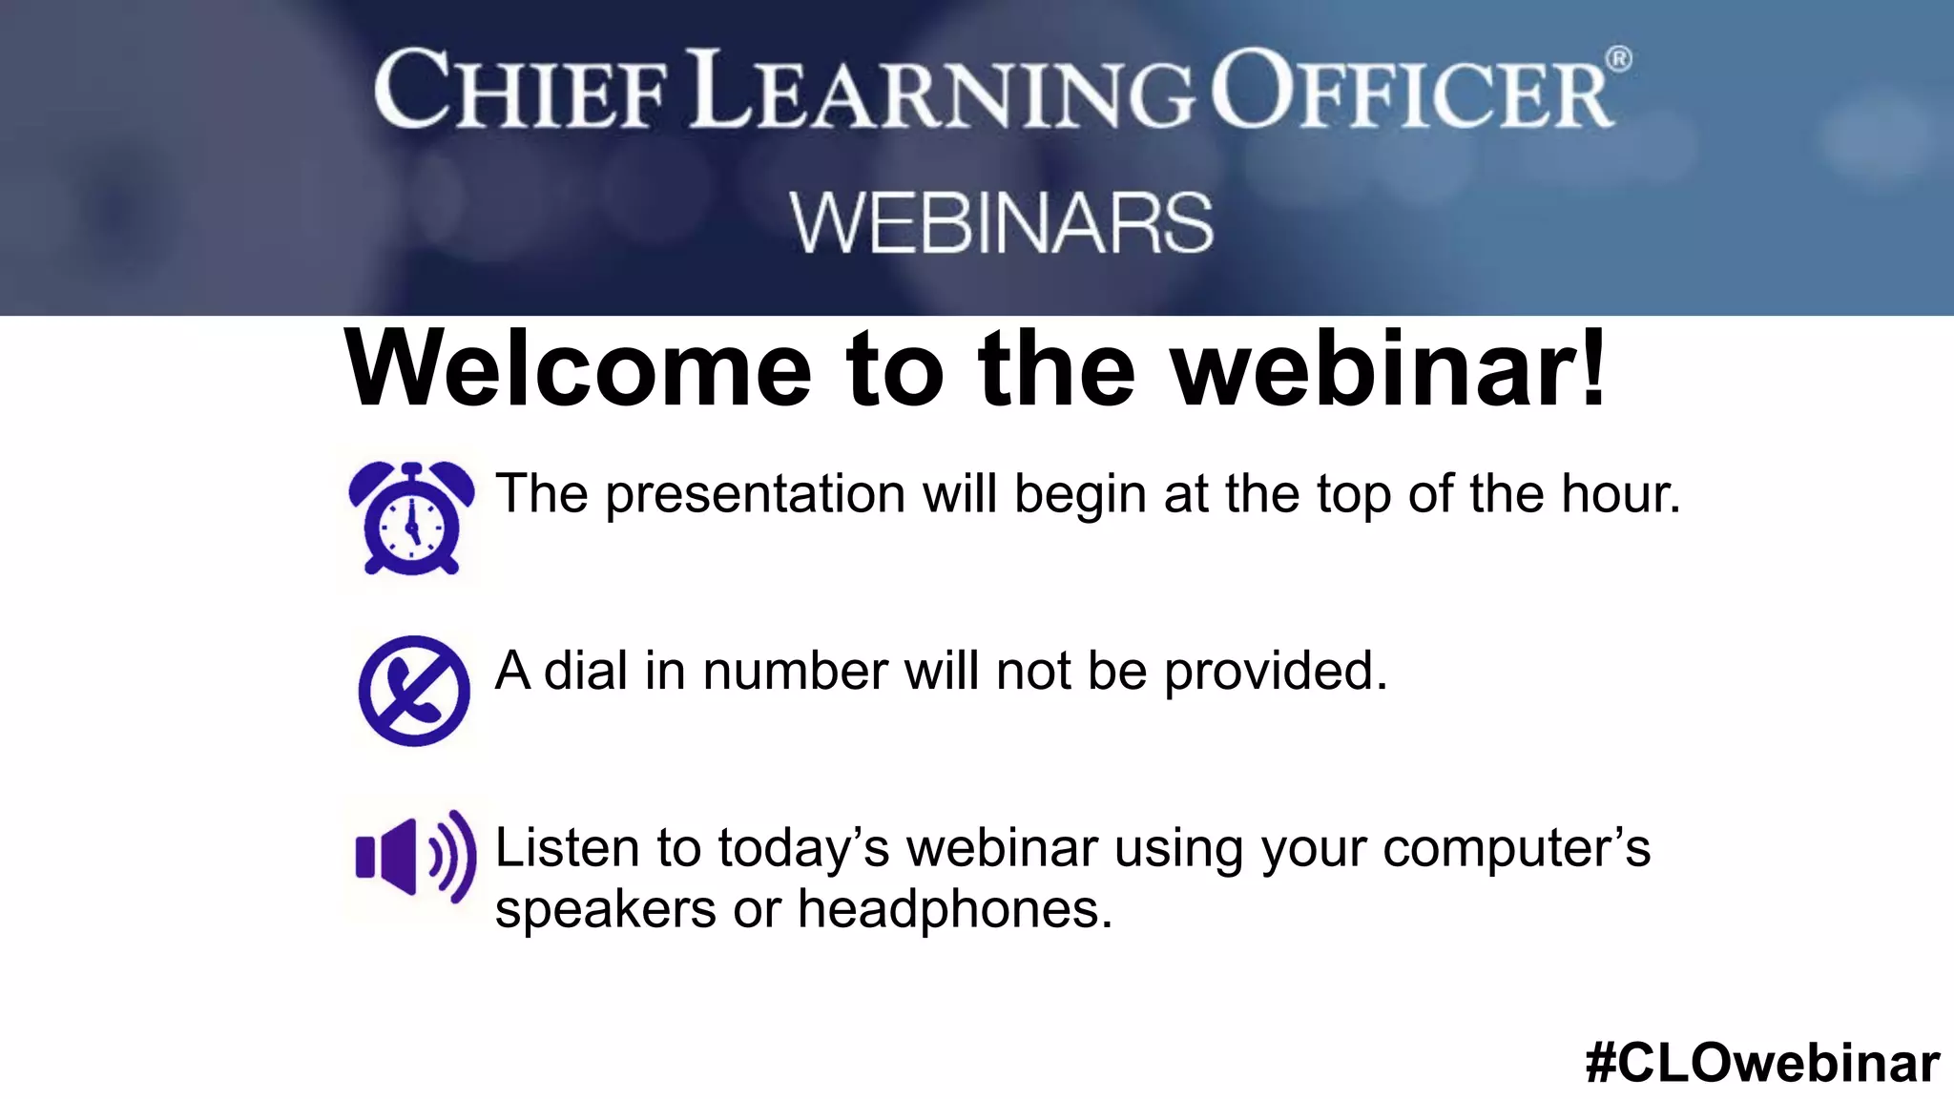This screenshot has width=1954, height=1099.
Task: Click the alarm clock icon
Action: [x=411, y=518]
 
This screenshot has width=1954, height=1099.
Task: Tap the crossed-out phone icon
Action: [x=414, y=690]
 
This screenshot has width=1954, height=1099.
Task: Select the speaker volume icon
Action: [x=415, y=856]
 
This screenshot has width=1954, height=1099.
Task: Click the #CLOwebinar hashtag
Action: [x=1762, y=1063]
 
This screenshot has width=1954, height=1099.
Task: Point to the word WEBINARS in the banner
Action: [x=1001, y=223]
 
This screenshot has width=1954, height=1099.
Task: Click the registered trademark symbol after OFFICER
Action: [x=1619, y=59]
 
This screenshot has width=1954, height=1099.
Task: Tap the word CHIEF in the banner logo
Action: [x=520, y=92]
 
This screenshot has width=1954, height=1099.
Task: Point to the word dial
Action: [x=586, y=671]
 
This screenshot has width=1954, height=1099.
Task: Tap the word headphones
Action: [x=955, y=909]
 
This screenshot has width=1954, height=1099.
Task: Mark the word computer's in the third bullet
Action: [x=1516, y=849]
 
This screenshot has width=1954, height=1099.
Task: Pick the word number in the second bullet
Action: [x=795, y=671]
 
